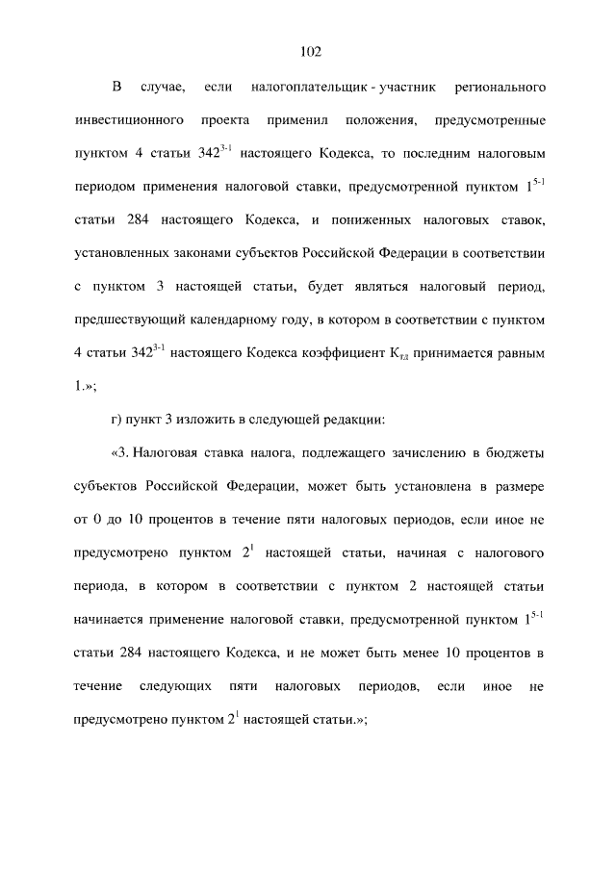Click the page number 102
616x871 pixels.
click(x=309, y=51)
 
